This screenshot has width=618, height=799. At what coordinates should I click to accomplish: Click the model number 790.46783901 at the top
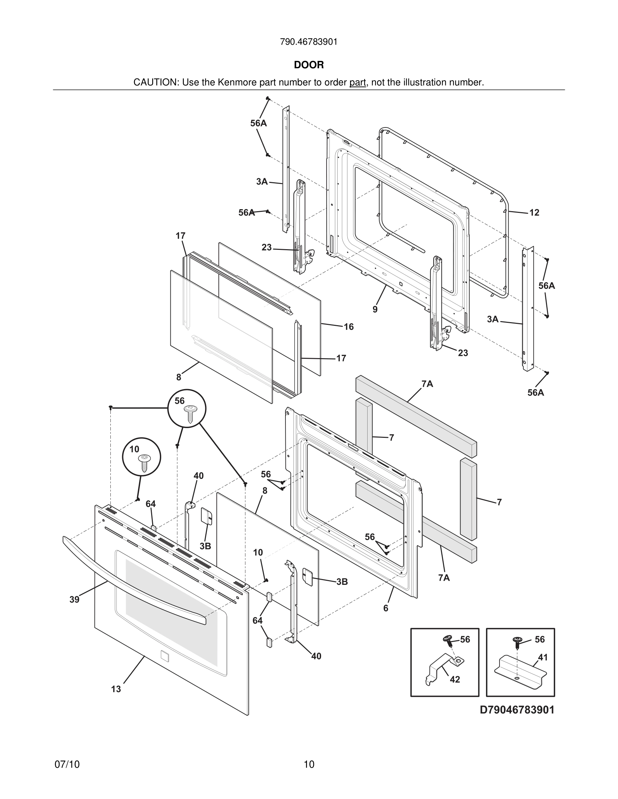coord(309,42)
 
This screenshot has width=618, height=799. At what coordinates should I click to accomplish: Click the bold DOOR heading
coord(309,65)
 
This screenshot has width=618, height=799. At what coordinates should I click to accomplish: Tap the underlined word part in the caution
coord(357,83)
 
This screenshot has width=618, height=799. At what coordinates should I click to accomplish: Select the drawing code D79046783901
coord(517,710)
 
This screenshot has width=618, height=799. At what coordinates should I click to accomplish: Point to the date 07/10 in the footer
coord(67,765)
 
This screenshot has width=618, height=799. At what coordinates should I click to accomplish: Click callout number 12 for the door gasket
coord(534,213)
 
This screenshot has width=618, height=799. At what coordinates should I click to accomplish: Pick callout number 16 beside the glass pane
coord(348,327)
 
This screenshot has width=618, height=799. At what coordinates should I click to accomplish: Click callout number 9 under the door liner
coord(375,309)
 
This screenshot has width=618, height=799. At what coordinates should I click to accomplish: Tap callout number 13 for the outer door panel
coord(116,689)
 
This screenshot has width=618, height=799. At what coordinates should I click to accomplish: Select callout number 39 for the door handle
coord(74,600)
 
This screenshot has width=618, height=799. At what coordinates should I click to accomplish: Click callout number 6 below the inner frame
coord(385,608)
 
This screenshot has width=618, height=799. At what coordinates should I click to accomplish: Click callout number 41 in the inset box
coord(543,657)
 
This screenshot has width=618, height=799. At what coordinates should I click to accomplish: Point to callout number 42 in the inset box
coord(455,679)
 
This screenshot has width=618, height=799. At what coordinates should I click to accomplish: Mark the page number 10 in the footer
coord(309,765)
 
